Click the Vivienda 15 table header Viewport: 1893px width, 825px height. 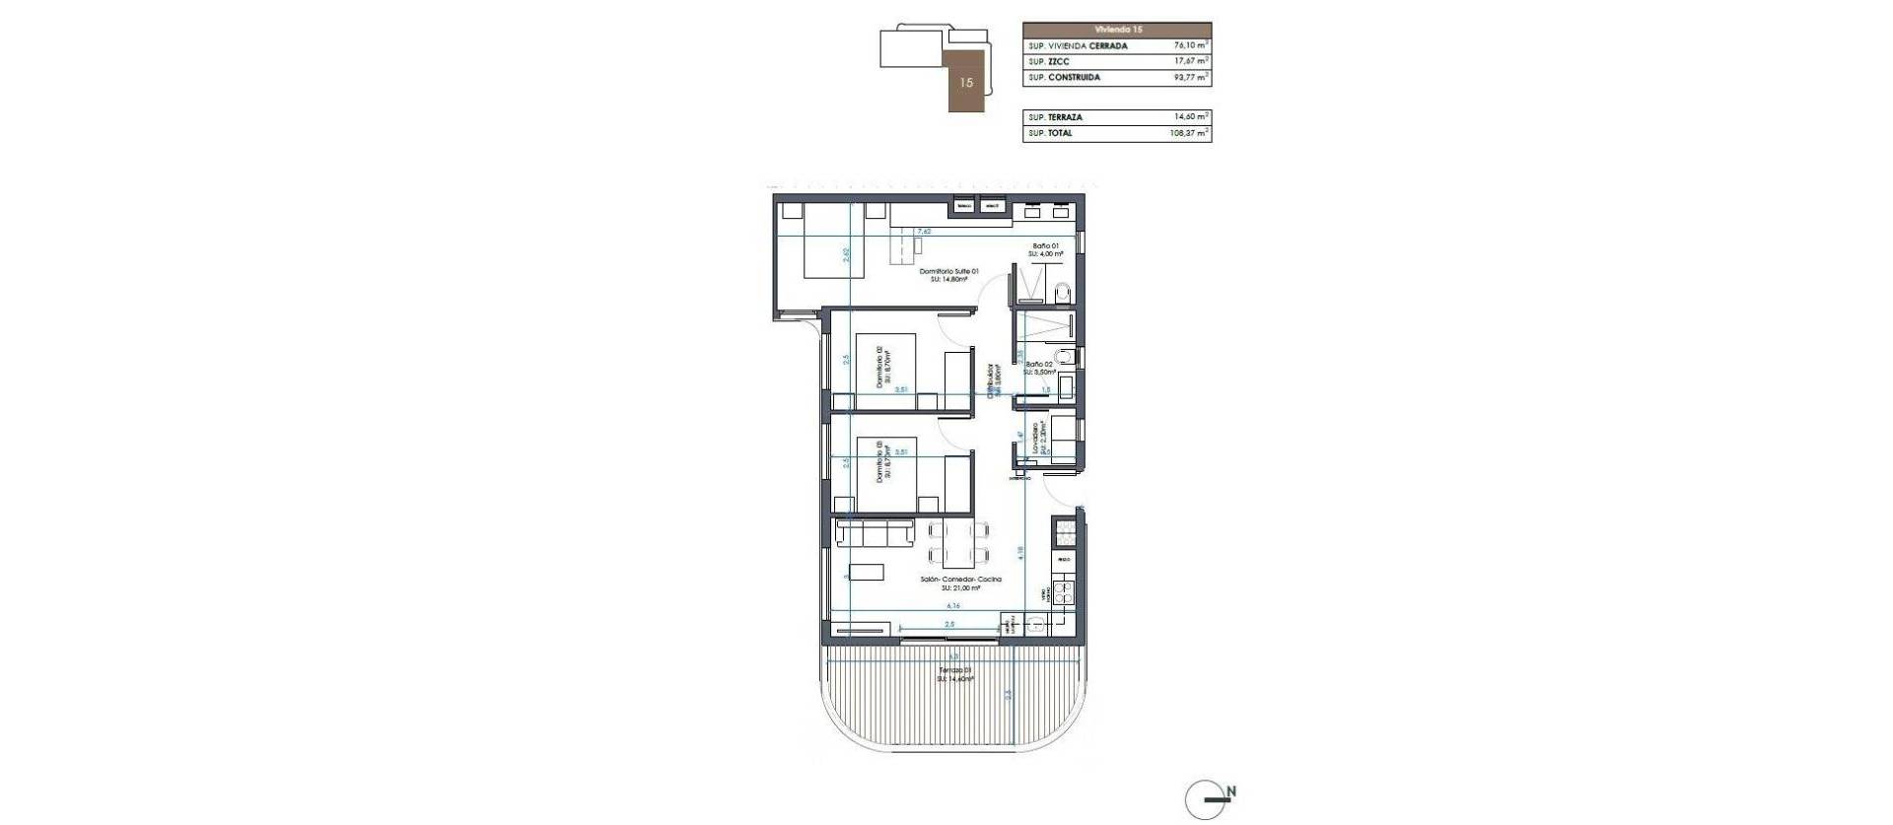1117,30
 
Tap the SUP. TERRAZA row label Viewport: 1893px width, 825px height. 1055,117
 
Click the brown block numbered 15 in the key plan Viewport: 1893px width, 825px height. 966,83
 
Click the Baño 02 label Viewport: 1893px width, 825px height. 1039,365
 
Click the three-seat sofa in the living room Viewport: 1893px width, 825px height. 183,533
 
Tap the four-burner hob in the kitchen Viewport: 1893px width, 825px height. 1063,593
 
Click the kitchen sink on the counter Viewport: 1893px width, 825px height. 1035,623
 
